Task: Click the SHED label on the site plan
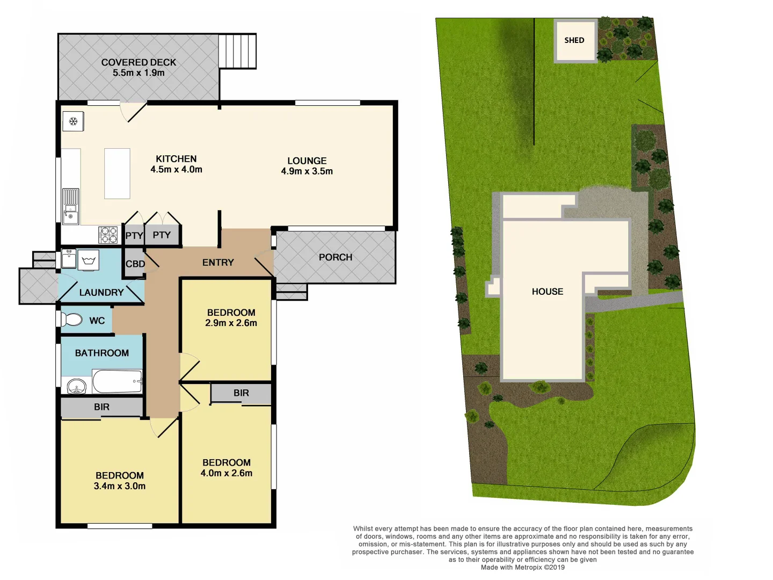tap(574, 40)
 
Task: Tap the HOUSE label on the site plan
tap(547, 292)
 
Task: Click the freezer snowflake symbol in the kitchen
tap(74, 121)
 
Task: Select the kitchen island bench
tap(117, 173)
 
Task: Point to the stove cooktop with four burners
tap(108, 235)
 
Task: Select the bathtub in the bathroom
tap(118, 381)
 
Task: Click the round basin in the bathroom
tap(77, 386)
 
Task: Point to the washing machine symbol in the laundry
tap(89, 262)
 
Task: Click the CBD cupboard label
tap(135, 264)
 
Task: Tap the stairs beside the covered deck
tap(237, 51)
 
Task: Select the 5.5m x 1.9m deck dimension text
tap(138, 73)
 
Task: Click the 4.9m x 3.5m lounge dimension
tap(307, 171)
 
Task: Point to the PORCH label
tap(336, 257)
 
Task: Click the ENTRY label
tap(218, 263)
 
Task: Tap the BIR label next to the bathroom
tap(101, 407)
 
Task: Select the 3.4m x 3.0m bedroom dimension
tap(119, 486)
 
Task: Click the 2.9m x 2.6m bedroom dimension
tap(231, 323)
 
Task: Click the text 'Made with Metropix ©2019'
tap(522, 567)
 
